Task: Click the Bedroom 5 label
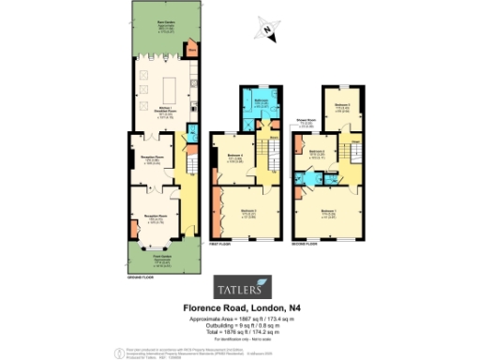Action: tap(317, 152)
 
